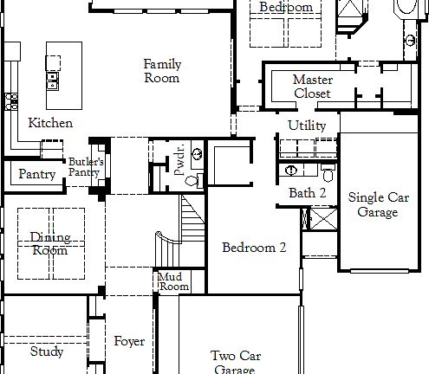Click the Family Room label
(x=162, y=71)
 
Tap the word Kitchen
(x=50, y=123)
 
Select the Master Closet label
(x=312, y=87)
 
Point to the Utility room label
(x=307, y=126)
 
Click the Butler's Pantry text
(x=86, y=167)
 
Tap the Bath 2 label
(x=307, y=193)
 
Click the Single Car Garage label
(x=378, y=204)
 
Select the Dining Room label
(x=50, y=243)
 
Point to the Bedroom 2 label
(x=254, y=248)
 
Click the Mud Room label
(x=173, y=281)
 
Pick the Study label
(x=46, y=351)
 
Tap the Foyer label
(x=129, y=341)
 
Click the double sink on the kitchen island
(x=53, y=81)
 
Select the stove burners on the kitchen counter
(x=10, y=102)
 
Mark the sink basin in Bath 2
(x=291, y=171)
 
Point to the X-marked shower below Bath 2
(x=320, y=217)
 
